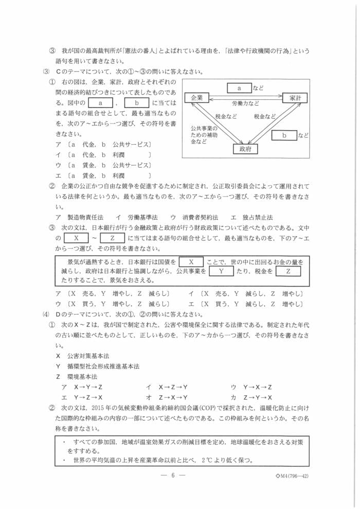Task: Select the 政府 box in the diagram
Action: [245, 149]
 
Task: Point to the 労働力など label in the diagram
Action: [245, 103]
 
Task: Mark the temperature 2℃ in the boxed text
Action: [208, 460]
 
